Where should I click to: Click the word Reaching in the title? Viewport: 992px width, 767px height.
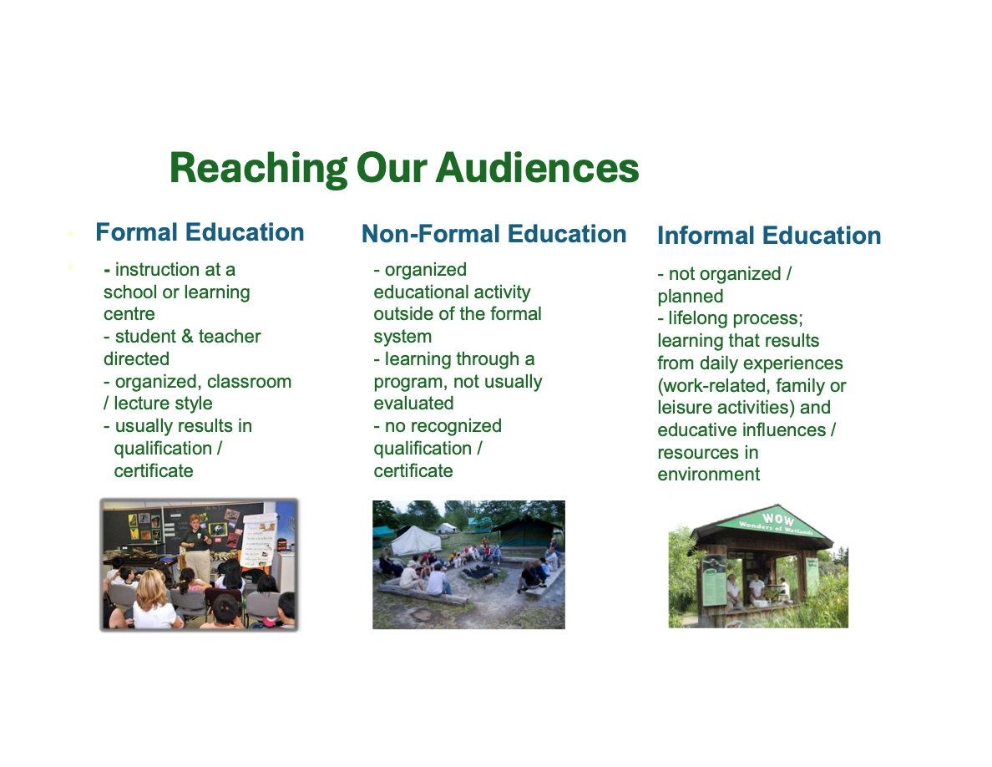[x=258, y=169]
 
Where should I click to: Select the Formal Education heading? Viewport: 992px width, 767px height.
[x=200, y=232]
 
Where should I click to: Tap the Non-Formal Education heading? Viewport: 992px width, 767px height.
[x=493, y=234]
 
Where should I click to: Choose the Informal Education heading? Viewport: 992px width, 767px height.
[x=769, y=236]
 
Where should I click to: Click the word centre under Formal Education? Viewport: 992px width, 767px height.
[x=129, y=314]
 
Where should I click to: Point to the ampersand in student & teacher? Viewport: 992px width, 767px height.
[x=187, y=336]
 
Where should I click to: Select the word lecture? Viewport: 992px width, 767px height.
[x=143, y=403]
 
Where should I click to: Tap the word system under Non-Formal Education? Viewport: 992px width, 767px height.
[x=402, y=337]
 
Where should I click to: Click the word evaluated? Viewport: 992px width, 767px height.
[x=413, y=403]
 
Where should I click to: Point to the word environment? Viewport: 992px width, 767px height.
[x=709, y=474]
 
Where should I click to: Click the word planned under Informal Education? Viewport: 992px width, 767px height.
[x=691, y=296]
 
